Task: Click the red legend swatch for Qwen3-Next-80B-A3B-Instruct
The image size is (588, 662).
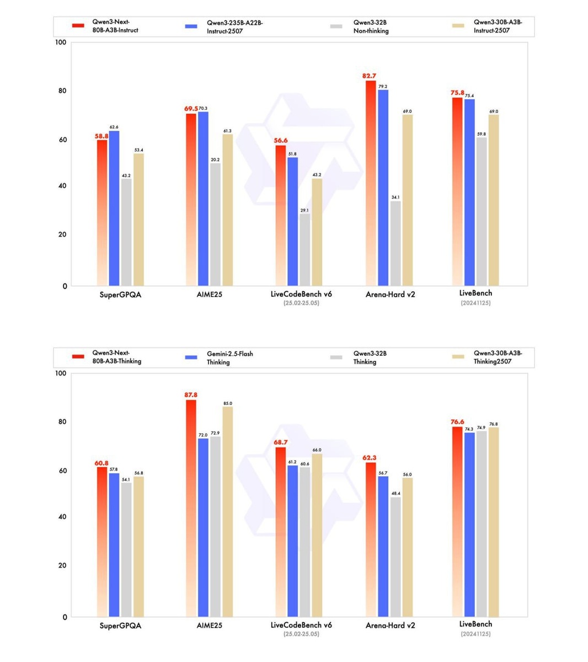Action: coord(78,25)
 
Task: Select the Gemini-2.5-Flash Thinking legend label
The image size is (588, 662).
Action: coord(229,357)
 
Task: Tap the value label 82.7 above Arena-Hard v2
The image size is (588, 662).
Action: coord(370,76)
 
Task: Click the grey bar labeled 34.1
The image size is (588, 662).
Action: coord(395,243)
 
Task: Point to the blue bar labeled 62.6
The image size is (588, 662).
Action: coord(114,208)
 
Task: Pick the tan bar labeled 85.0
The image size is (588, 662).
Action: coord(227,511)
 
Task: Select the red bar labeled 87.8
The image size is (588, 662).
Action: coord(191,508)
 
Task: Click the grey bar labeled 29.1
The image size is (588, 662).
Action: coord(304,249)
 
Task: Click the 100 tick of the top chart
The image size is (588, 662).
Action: coord(61,42)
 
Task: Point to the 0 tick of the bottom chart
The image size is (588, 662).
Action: coord(65,617)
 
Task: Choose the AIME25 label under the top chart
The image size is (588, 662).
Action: coord(209,295)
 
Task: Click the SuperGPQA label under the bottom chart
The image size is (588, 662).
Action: coord(120,626)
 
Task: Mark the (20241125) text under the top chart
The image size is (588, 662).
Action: coord(475,303)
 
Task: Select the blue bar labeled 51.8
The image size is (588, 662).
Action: coord(292,221)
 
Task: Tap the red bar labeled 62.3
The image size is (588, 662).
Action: coord(371,539)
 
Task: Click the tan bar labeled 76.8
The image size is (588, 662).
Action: coord(493,521)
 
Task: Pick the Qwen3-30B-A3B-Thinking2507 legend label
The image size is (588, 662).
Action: coord(498,357)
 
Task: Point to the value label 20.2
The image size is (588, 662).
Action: coord(215,159)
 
